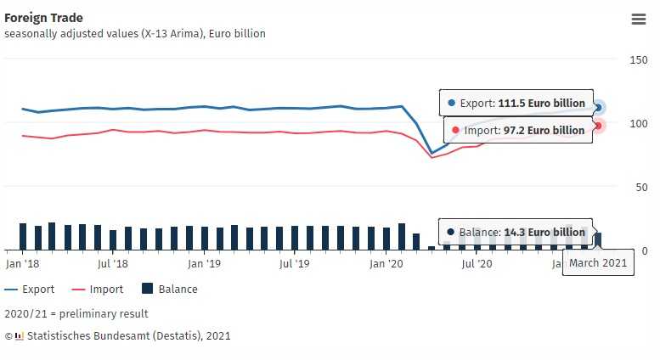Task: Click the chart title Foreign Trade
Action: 43,18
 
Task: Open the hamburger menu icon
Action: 639,20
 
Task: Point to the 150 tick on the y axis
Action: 638,60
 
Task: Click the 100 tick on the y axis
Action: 638,124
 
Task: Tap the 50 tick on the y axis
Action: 641,188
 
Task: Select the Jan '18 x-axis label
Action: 23,264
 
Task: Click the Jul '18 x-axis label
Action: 113,264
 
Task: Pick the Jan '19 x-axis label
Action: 204,264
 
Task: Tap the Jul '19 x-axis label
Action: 295,264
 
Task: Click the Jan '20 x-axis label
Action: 386,264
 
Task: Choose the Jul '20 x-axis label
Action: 477,264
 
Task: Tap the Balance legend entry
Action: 170,290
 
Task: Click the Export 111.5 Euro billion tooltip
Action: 516,103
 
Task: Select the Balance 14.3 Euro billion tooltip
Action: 516,232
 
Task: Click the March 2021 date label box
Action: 598,263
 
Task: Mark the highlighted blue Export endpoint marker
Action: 598,107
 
